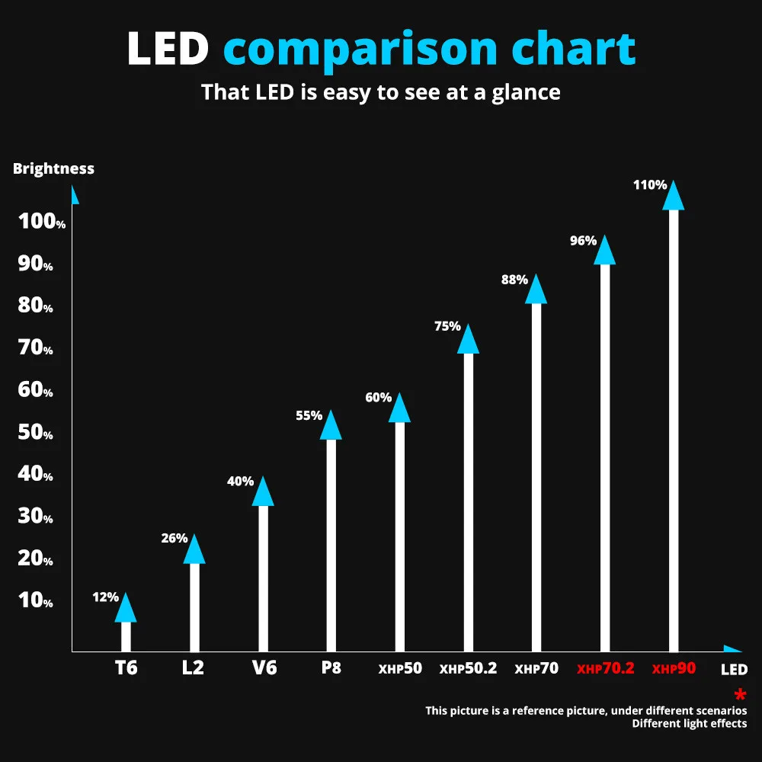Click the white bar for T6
[126, 636]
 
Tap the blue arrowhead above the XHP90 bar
[674, 197]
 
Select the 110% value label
[650, 184]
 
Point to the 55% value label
[309, 415]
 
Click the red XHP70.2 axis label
[606, 669]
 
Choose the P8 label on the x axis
[331, 668]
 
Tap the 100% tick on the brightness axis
[43, 222]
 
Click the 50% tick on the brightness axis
[37, 433]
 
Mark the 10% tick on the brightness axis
[37, 600]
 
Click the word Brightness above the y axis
[53, 168]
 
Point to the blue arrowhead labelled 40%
[263, 492]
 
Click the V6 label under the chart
[264, 668]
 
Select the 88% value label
[514, 280]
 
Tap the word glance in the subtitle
[522, 93]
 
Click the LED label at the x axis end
[734, 671]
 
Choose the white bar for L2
[194, 607]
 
